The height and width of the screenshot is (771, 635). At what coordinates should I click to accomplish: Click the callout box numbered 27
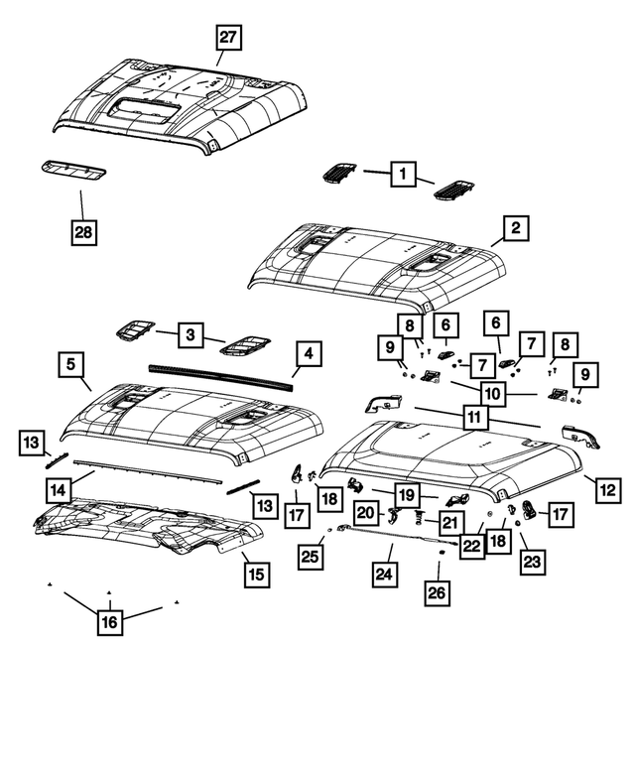(x=229, y=39)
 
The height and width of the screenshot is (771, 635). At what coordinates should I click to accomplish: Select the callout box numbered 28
(x=84, y=234)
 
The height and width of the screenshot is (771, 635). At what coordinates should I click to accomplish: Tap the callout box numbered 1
(x=403, y=175)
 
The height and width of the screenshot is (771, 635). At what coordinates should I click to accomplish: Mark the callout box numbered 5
(x=70, y=365)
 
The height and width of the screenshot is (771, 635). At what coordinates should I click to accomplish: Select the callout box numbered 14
(x=59, y=488)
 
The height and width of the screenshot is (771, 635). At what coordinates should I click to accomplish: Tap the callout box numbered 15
(x=256, y=573)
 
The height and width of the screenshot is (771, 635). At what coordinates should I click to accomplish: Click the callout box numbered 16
(x=109, y=622)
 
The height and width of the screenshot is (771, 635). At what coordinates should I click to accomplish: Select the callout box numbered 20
(x=366, y=513)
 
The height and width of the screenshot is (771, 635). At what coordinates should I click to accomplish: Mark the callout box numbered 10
(x=492, y=393)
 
